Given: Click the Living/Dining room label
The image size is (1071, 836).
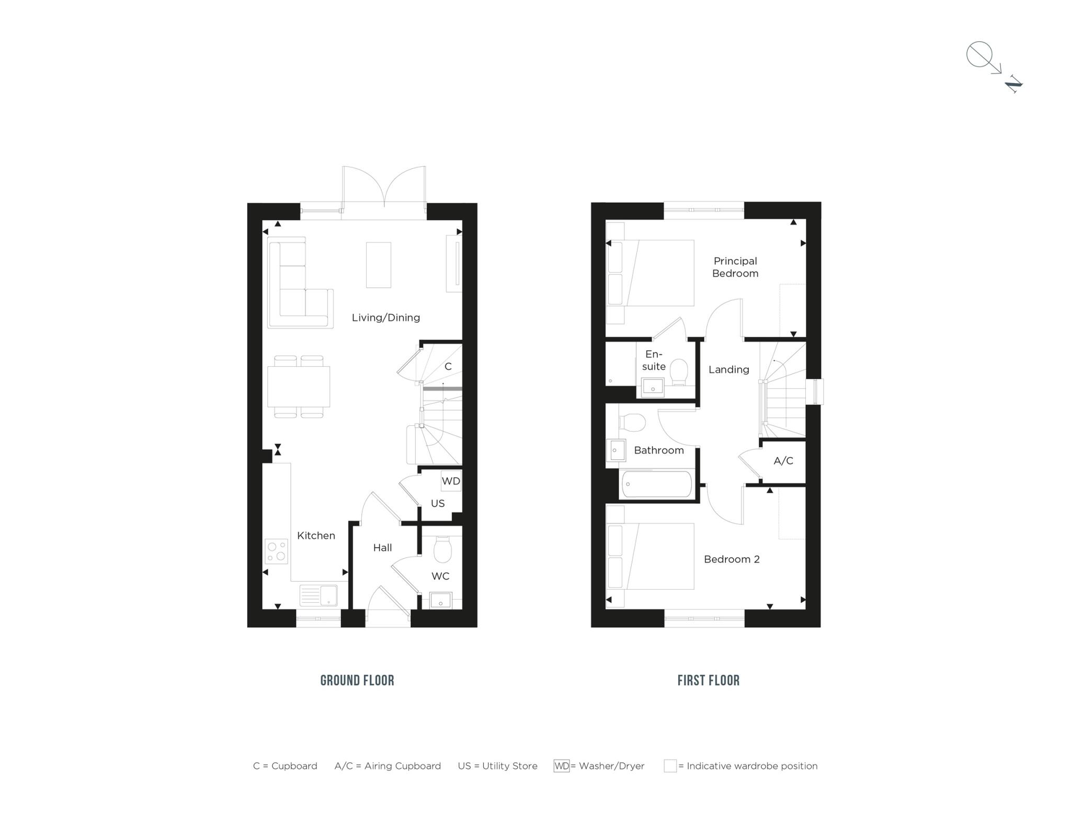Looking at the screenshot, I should [385, 318].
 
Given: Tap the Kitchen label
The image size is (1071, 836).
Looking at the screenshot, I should [316, 535].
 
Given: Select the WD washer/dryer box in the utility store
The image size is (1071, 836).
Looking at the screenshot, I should [451, 481].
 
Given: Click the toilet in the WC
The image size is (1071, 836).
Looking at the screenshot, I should [442, 549].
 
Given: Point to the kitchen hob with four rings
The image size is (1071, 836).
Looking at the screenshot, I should [277, 551].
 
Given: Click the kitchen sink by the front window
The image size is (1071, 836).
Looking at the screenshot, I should [318, 595].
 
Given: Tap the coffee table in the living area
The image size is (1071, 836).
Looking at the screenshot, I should [378, 265].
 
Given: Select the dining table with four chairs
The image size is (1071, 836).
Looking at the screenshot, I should [299, 387].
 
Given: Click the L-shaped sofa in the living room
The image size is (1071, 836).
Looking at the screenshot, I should [300, 283].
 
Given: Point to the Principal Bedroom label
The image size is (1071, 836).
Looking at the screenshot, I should [735, 267].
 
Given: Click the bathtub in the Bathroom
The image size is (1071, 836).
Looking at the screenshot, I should [656, 484].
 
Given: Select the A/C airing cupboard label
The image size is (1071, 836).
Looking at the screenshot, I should [783, 461].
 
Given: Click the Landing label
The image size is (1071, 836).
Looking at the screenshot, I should [728, 369].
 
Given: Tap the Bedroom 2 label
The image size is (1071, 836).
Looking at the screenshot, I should [731, 559].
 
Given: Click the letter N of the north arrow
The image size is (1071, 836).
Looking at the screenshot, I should [1013, 84].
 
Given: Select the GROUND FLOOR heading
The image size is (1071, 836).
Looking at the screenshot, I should [357, 681].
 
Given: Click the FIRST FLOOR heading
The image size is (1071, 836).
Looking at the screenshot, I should [708, 681].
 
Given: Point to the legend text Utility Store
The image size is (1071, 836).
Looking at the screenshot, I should [509, 766].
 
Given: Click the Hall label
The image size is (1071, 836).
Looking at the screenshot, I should [382, 548].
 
